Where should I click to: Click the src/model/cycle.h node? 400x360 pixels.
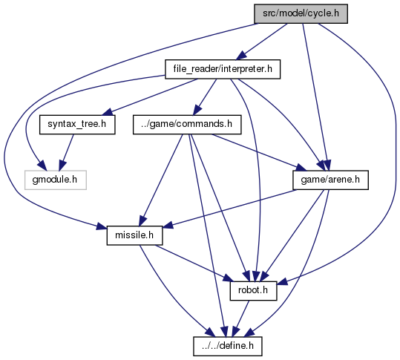tap(301, 13)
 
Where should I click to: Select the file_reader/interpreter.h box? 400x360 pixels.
tap(223, 69)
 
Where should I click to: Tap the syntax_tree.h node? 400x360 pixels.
tap(77, 125)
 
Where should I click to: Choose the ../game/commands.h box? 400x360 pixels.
tap(187, 125)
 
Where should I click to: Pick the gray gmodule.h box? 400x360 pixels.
tap(56, 180)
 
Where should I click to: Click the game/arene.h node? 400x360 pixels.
tap(331, 180)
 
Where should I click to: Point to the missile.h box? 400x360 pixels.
tap(134, 235)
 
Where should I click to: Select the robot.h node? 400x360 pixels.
tap(253, 291)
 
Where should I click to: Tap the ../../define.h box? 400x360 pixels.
tap(228, 346)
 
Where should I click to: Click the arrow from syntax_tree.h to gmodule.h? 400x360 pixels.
tap(66, 152)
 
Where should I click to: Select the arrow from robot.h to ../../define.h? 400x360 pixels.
tap(240, 318)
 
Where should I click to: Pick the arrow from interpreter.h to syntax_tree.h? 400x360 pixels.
tap(151, 97)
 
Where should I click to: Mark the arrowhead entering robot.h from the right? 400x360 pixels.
tap(283, 283)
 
